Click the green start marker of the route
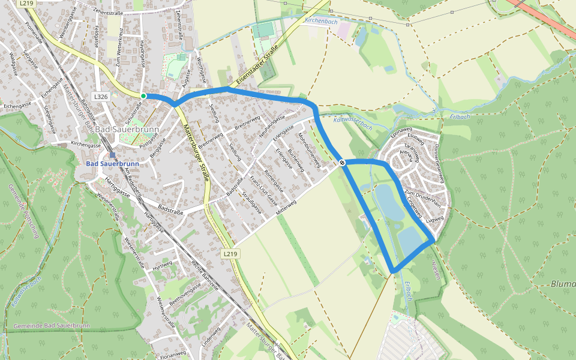click(143, 96)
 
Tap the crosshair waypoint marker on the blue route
click(342, 163)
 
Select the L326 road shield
click(101, 97)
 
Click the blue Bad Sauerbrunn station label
click(112, 163)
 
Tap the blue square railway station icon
click(112, 155)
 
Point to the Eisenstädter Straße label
click(257, 64)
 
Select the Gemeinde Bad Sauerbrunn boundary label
click(51, 325)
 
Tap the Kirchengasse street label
click(86, 145)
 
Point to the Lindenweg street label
click(209, 339)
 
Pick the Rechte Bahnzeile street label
click(203, 276)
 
